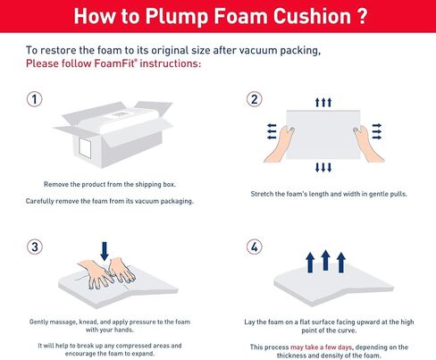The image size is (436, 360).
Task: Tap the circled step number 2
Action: coord(254,98)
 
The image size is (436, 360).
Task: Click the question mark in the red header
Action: coord(357,16)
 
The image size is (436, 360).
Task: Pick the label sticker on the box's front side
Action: coord(88,146)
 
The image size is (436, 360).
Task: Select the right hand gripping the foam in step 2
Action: coord(363,134)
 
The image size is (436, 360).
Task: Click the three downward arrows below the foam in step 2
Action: coord(324,167)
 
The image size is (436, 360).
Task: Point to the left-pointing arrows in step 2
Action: coord(272,132)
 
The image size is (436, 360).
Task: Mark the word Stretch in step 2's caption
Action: coord(265,194)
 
